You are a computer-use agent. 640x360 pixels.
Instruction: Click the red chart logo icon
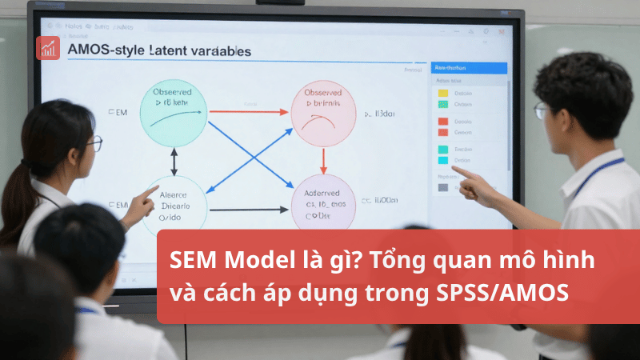click(48, 46)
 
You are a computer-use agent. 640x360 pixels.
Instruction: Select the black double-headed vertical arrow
click(174, 162)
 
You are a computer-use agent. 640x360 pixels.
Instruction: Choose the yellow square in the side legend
click(442, 94)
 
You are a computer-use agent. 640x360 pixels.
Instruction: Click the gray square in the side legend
click(442, 187)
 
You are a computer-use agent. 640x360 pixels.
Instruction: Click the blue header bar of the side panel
click(469, 68)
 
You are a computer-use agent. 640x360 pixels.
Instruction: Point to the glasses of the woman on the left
click(95, 143)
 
